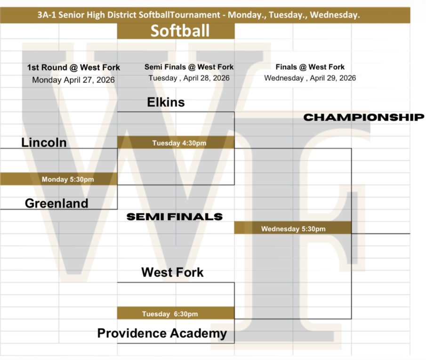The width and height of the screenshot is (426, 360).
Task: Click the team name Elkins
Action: click(166, 102)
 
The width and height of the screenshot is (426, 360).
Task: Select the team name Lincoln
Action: click(44, 142)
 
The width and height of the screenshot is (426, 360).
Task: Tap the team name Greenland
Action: click(56, 203)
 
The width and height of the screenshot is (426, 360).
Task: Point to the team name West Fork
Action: click(172, 272)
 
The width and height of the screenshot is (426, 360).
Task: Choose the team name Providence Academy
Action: click(162, 334)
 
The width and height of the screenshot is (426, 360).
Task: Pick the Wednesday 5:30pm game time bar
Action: click(293, 229)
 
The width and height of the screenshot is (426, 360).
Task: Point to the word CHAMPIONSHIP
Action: click(363, 117)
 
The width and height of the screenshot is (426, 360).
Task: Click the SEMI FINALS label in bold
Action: click(175, 217)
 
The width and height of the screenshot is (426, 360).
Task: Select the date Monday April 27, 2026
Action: click(73, 80)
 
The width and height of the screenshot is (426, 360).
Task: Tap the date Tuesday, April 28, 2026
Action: click(189, 78)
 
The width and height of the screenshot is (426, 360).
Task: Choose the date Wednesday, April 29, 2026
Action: click(310, 78)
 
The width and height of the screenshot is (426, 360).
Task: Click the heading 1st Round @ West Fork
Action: click(73, 67)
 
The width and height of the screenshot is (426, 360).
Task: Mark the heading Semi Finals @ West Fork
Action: click(189, 67)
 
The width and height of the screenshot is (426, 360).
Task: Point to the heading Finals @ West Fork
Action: click(310, 67)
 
